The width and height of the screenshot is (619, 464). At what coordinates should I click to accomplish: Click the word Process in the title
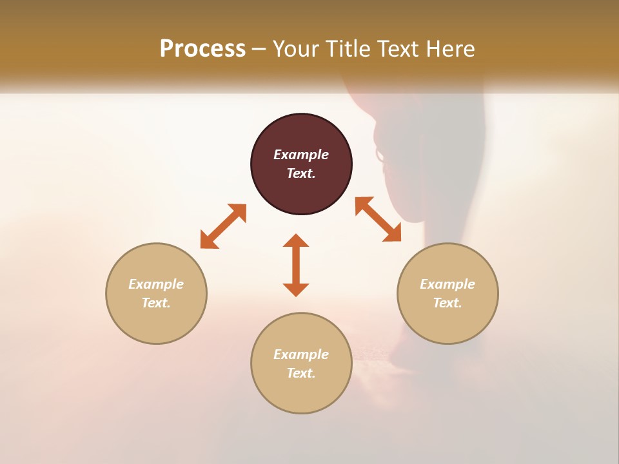coord(202,49)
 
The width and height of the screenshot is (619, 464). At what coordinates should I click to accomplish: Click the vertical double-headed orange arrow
coord(296,265)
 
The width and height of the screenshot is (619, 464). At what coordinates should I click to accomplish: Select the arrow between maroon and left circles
coord(223,226)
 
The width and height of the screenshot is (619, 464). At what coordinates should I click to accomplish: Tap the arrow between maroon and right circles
coord(378,219)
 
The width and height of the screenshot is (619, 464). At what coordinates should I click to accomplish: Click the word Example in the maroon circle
coord(301,155)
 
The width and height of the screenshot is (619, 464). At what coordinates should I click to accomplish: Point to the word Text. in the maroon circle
coord(301,173)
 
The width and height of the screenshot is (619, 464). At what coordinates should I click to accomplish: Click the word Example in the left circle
coord(156,284)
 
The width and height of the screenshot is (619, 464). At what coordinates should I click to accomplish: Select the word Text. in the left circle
coord(156,303)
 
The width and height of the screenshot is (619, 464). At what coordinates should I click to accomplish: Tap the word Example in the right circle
coord(447,284)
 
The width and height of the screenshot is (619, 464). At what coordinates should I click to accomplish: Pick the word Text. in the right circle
coord(447,303)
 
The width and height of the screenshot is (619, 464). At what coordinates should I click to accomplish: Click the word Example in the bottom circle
coord(301,354)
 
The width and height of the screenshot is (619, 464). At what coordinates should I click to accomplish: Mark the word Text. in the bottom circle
coord(301,373)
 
